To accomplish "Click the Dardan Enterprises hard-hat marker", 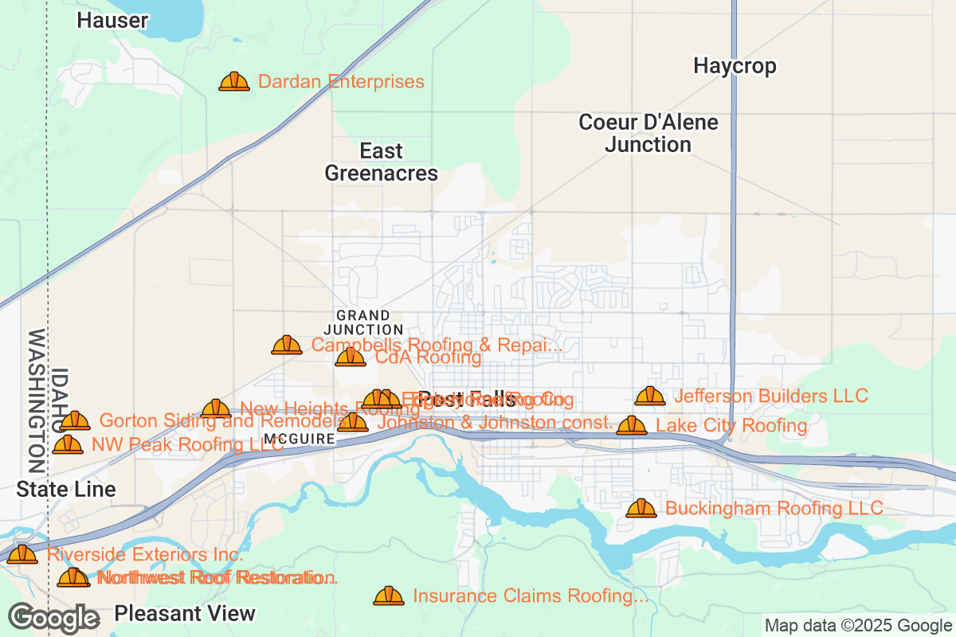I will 234,81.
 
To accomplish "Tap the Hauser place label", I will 112,21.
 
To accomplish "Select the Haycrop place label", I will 735,65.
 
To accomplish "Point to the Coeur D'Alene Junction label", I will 648,134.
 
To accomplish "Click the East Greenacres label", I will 382,162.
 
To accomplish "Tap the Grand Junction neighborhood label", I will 363,322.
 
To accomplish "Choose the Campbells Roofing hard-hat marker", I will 287,345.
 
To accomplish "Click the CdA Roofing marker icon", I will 351,358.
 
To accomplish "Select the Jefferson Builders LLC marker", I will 650,396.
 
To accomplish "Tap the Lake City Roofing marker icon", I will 632,426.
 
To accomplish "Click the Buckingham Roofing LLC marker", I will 641,508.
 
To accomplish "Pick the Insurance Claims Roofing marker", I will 389,596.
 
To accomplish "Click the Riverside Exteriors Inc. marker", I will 22,554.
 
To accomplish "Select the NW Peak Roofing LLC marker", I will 68,445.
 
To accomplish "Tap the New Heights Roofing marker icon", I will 216,409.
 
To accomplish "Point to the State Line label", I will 66,489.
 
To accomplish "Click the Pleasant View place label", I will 185,613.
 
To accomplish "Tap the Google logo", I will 54,618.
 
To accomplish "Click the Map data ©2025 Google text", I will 858,625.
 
